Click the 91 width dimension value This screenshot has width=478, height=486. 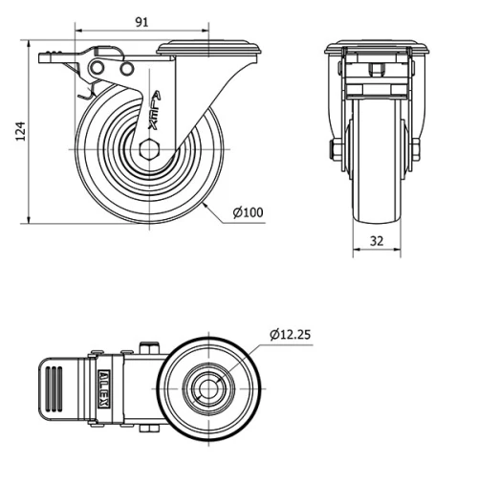click(x=141, y=22)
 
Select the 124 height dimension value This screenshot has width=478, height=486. click(x=20, y=131)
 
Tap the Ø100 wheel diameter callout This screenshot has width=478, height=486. click(x=249, y=212)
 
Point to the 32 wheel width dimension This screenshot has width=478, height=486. click(x=377, y=241)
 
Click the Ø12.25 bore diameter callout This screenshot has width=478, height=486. click(x=290, y=335)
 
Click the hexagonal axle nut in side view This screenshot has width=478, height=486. click(x=149, y=149)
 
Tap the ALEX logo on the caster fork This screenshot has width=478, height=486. click(x=155, y=110)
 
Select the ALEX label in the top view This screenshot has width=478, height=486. click(x=104, y=388)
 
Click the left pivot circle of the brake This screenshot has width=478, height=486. click(x=97, y=68)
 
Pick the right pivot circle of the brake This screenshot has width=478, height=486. click(x=127, y=69)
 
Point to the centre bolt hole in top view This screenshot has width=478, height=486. click(x=208, y=388)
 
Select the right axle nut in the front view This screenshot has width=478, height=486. click(x=416, y=149)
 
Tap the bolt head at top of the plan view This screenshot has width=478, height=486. click(x=149, y=348)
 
